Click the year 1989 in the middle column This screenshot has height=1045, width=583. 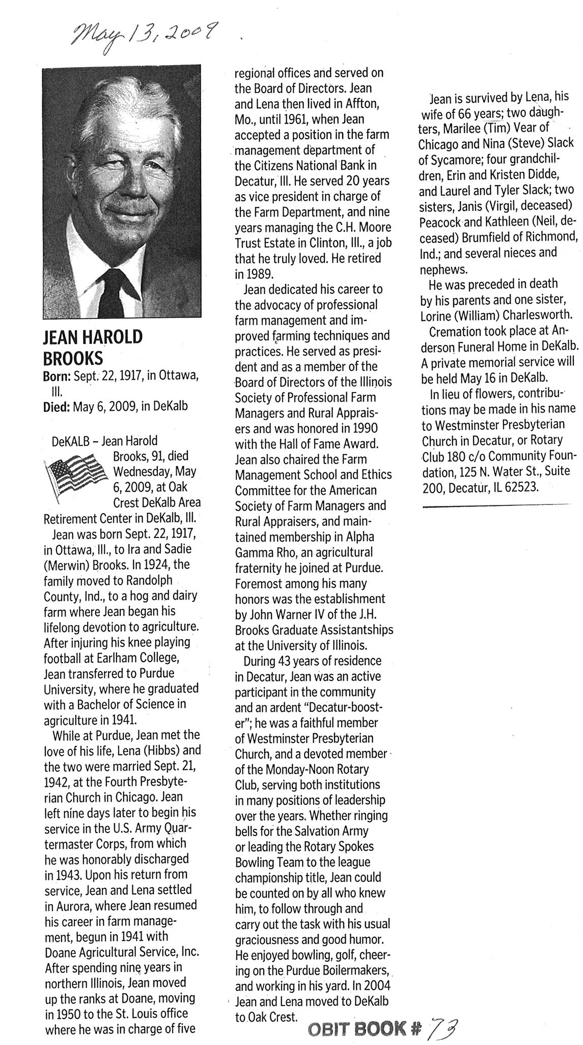pyautogui.click(x=261, y=274)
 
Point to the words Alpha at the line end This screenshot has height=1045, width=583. pyautogui.click(x=360, y=536)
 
